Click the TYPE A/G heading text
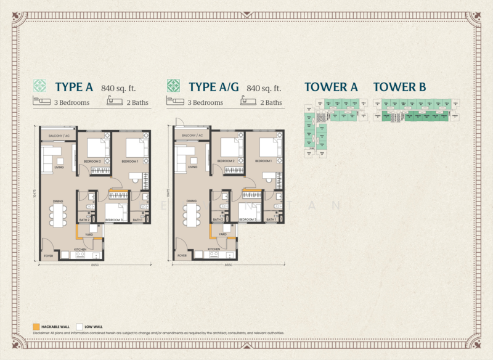coord(214,87)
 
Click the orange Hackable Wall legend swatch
coord(36,326)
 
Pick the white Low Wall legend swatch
coord(79,326)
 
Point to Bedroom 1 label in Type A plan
coord(129,162)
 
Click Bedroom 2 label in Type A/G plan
coord(225,162)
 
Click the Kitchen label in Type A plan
coord(80,250)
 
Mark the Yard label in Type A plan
coord(90,235)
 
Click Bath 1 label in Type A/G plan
coord(271,220)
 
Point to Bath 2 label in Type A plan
coord(84,220)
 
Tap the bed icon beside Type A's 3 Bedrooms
coord(41,102)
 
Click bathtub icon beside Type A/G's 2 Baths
coord(247,102)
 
